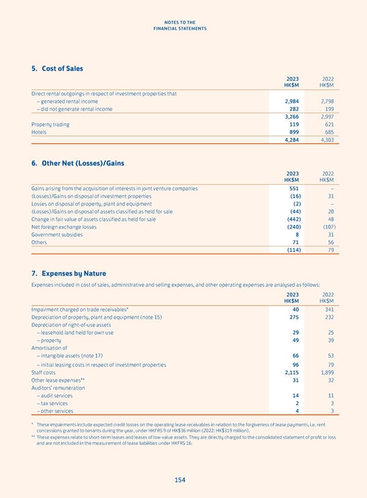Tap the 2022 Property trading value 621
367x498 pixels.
(327, 124)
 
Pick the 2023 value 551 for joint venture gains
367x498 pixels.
(294, 188)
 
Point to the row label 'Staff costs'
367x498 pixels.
(43, 371)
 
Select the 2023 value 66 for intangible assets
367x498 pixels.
(295, 355)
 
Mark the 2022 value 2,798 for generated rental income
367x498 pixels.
(325, 101)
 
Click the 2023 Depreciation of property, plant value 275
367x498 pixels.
(294, 317)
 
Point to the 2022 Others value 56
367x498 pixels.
(329, 242)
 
